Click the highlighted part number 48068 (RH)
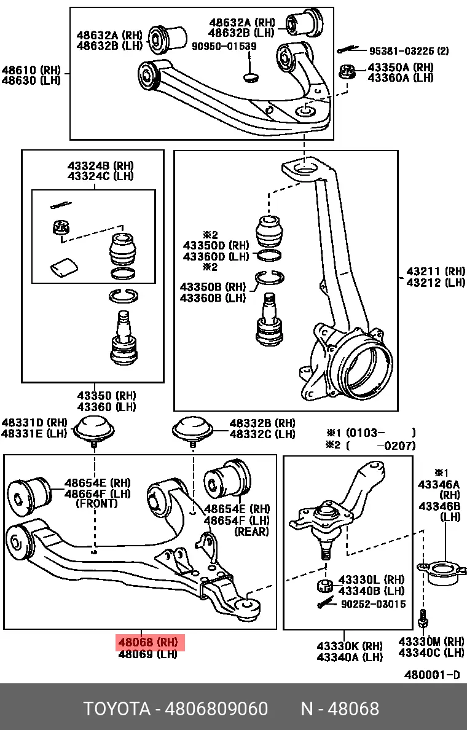pyautogui.click(x=148, y=643)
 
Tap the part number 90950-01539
pyautogui.click(x=225, y=46)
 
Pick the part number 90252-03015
pyautogui.click(x=373, y=604)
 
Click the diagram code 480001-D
pyautogui.click(x=431, y=675)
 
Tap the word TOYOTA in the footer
pyautogui.click(x=117, y=709)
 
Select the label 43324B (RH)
pyautogui.click(x=100, y=165)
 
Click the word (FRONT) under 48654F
pyautogui.click(x=96, y=504)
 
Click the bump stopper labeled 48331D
pyautogui.click(x=95, y=428)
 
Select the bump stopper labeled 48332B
pyautogui.click(x=192, y=428)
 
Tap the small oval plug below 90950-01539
pyautogui.click(x=251, y=76)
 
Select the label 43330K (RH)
pyautogui.click(x=349, y=646)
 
